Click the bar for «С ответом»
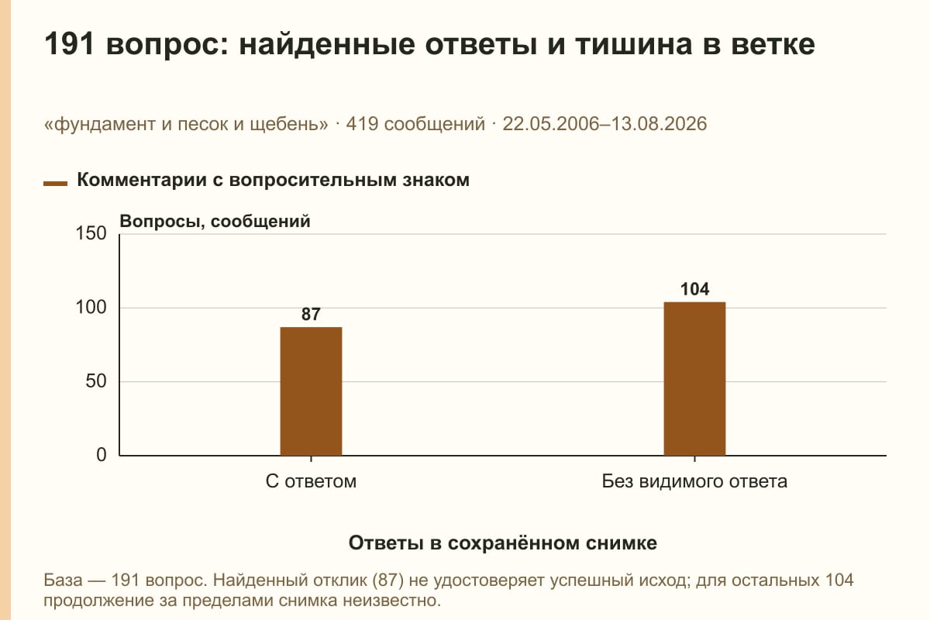(x=311, y=391)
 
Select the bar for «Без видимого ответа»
(x=694, y=379)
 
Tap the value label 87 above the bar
(x=311, y=315)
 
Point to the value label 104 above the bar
(x=694, y=289)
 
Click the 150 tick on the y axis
(x=91, y=233)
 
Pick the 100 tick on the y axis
(x=91, y=308)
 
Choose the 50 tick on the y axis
(x=96, y=381)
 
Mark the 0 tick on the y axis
(x=102, y=455)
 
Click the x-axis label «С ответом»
(x=311, y=481)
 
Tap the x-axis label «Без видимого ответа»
(x=694, y=481)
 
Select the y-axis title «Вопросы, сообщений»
(x=215, y=222)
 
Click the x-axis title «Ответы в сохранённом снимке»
(x=503, y=542)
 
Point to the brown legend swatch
(x=55, y=184)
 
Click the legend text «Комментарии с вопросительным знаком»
(x=273, y=181)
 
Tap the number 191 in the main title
(x=69, y=44)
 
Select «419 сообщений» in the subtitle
(x=415, y=124)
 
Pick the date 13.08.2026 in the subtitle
(x=660, y=124)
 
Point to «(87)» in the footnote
(x=388, y=580)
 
